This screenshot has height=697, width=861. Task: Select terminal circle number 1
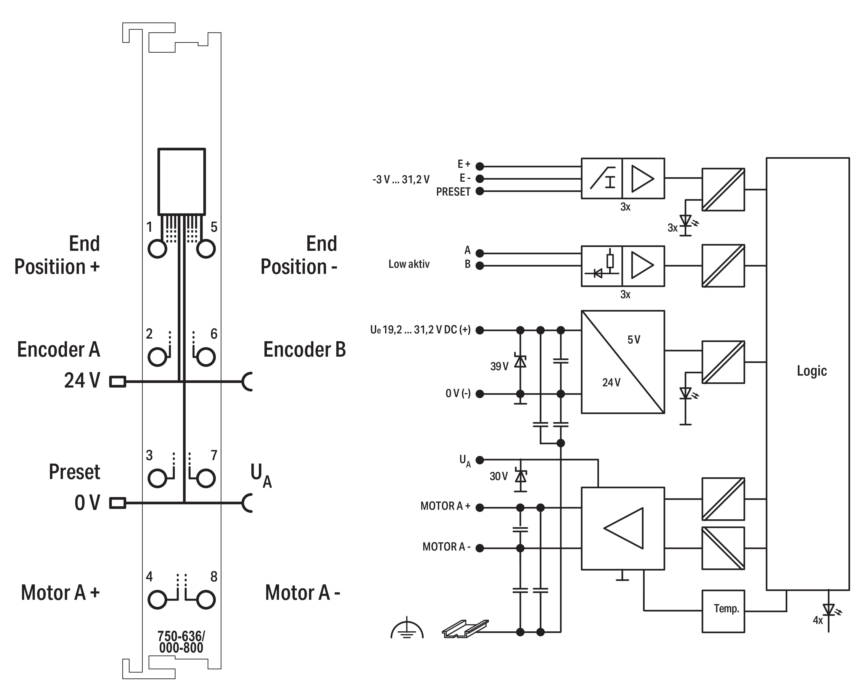[x=157, y=249]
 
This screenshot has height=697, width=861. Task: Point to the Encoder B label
[x=304, y=349]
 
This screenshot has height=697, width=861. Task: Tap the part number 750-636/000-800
[x=181, y=642]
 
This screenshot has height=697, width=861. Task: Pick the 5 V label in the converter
[x=634, y=340]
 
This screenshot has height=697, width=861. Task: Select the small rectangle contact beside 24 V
[x=118, y=381]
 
